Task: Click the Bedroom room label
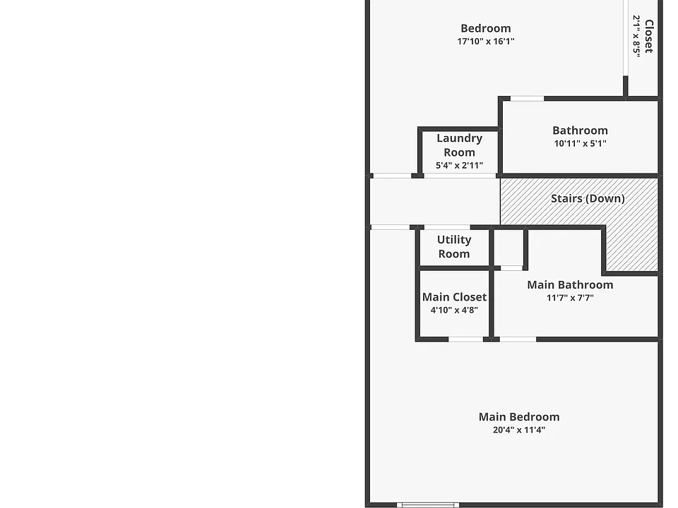(486, 28)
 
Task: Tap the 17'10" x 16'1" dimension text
(486, 42)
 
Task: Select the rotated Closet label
(648, 36)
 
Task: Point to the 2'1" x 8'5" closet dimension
(636, 37)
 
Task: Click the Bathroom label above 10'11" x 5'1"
(580, 131)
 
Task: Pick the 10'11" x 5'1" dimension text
(580, 143)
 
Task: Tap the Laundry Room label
(459, 145)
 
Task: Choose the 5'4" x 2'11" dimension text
(459, 165)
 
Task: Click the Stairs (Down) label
(588, 199)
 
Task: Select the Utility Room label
(454, 247)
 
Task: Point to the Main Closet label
(454, 297)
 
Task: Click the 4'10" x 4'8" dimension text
(454, 310)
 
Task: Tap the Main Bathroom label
(570, 284)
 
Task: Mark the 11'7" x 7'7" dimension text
(570, 298)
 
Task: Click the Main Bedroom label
(519, 417)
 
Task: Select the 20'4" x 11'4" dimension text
(519, 430)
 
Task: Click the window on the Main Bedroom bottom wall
(428, 505)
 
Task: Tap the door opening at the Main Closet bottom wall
(465, 339)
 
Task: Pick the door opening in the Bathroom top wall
(527, 99)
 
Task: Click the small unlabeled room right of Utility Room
(509, 248)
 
